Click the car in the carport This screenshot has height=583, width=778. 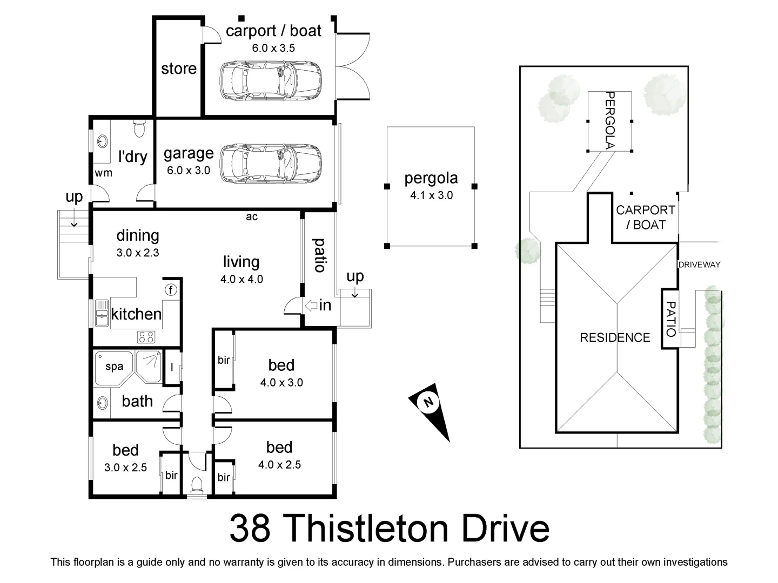pos(270,82)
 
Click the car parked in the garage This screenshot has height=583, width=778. pos(270,164)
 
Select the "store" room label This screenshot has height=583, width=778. pos(179,69)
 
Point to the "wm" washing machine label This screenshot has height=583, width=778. pos(103,173)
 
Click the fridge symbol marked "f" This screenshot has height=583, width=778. pos(171,290)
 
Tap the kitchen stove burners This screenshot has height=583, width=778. pos(146,337)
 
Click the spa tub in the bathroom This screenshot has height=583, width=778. pos(114,367)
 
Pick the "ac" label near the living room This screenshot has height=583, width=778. pos(252,217)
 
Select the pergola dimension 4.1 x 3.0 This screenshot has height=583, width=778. pos(431,195)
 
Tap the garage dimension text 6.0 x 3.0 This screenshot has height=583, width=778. pos(189,171)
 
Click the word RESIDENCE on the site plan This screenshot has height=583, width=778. pos(615,338)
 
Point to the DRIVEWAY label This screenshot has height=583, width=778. pos(699,265)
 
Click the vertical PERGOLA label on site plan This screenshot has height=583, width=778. pos(609,120)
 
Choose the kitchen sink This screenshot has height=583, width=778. pos(102,313)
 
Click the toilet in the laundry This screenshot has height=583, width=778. pos(139,128)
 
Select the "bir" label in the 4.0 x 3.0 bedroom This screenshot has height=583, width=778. pos(224,360)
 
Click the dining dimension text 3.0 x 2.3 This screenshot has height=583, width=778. pos(138,253)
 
